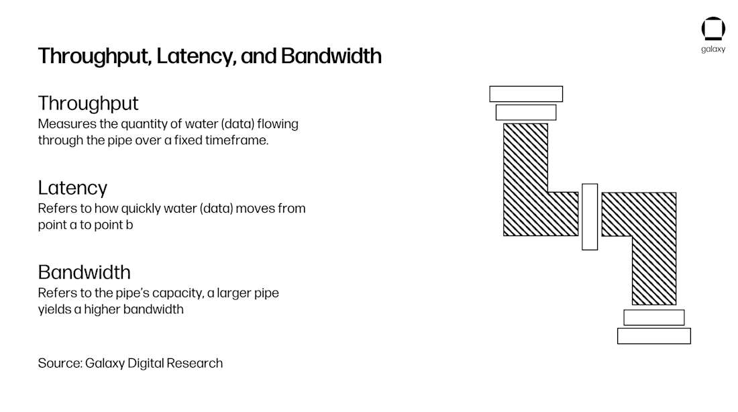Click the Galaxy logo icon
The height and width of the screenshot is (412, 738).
pos(713,29)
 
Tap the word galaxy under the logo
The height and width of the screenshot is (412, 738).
pos(713,49)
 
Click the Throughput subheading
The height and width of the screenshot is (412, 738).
pos(88,103)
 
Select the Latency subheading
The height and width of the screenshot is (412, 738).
pos(72,188)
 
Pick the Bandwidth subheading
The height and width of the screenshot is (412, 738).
pos(85,272)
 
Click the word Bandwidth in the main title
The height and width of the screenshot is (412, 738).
pos(331,56)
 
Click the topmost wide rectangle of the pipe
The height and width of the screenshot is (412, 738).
pos(526,94)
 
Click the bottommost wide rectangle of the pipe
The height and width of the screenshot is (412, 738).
pos(653,336)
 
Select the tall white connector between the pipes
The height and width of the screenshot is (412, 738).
pos(590,217)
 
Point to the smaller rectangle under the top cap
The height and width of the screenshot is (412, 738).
pos(526,113)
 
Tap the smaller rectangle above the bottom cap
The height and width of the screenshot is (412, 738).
pos(653,317)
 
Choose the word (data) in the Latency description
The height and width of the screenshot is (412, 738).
pos(217,209)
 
